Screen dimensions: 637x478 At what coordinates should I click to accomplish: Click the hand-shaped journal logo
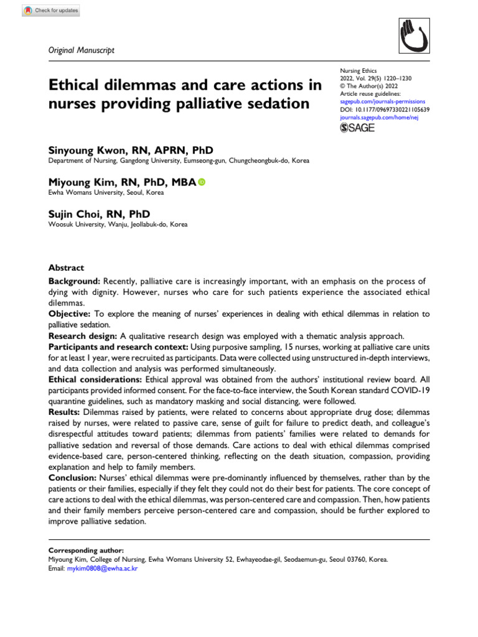[411, 40]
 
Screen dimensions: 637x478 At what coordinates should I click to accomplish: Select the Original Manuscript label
[81, 50]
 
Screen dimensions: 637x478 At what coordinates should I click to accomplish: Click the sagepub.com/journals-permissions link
[382, 100]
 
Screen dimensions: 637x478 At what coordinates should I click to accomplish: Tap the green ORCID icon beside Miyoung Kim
[201, 182]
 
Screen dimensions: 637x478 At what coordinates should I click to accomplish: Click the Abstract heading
[66, 267]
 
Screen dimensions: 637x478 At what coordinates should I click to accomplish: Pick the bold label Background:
[75, 282]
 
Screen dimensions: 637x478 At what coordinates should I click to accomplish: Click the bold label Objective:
[70, 314]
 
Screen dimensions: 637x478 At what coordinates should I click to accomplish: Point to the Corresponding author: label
[86, 551]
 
